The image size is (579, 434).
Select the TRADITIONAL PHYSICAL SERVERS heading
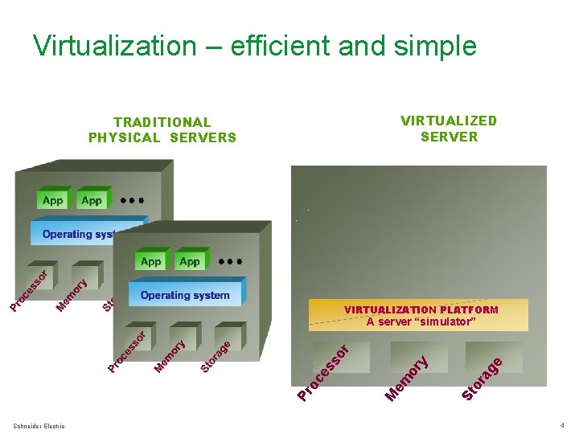tap(162, 130)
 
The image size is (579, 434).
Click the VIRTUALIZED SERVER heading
tap(449, 129)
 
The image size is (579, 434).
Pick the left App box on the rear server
tap(53, 200)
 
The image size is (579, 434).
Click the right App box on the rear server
tap(92, 200)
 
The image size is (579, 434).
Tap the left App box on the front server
tap(151, 261)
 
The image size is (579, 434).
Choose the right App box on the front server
tap(190, 261)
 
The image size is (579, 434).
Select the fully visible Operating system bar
tap(185, 295)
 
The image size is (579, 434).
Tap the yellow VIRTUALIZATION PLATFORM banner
tap(420, 315)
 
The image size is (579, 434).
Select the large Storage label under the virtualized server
tap(482, 378)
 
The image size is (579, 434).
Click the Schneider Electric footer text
tap(39, 425)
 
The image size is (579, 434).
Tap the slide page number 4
tap(562, 424)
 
